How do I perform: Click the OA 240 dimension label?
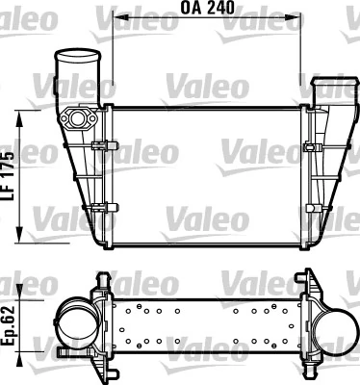pos(208,8)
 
